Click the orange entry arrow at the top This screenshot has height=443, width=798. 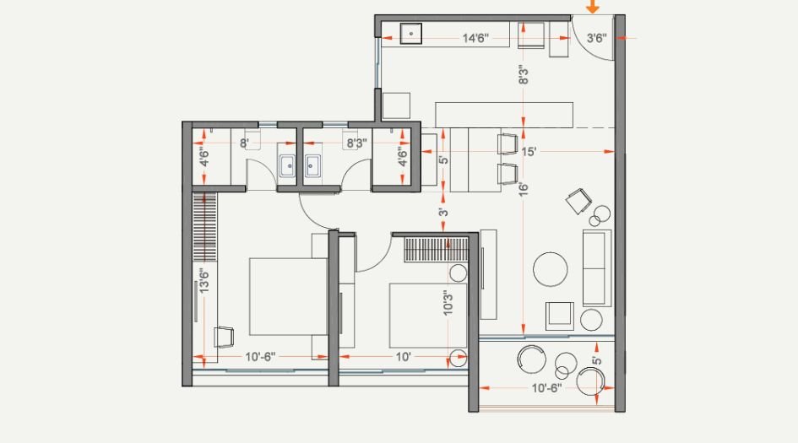(593, 7)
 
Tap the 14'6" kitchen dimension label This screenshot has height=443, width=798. (479, 38)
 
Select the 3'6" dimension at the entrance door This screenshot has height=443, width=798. (596, 38)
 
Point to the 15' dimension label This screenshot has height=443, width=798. (529, 152)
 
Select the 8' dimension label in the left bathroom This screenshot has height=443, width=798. (243, 143)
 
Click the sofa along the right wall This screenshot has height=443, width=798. (596, 267)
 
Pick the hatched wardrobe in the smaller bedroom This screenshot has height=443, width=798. (436, 251)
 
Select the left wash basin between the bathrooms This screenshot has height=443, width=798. (286, 165)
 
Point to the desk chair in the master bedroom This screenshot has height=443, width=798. (224, 337)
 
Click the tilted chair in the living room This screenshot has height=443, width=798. (578, 201)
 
